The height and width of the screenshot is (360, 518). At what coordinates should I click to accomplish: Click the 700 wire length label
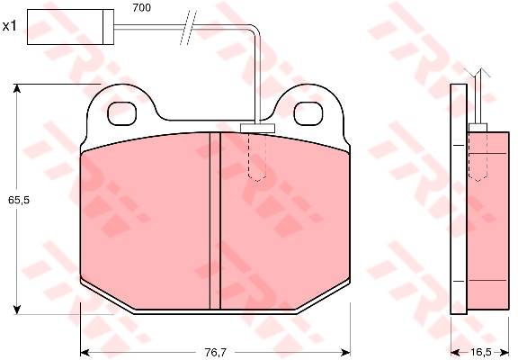pos(142,8)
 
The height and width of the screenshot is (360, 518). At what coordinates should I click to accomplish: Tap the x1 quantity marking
pos(9,26)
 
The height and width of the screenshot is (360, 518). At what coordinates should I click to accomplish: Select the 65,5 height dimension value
pos(19,200)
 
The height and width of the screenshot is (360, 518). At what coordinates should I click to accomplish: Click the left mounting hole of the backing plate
pos(122,113)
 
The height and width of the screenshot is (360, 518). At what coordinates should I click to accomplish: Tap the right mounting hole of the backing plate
pos(308,113)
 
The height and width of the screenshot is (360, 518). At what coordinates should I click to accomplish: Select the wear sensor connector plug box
pos(70,27)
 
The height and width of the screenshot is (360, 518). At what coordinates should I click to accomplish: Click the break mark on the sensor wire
pos(188,27)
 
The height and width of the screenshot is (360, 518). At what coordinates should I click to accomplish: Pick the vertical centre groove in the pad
pos(215,220)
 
